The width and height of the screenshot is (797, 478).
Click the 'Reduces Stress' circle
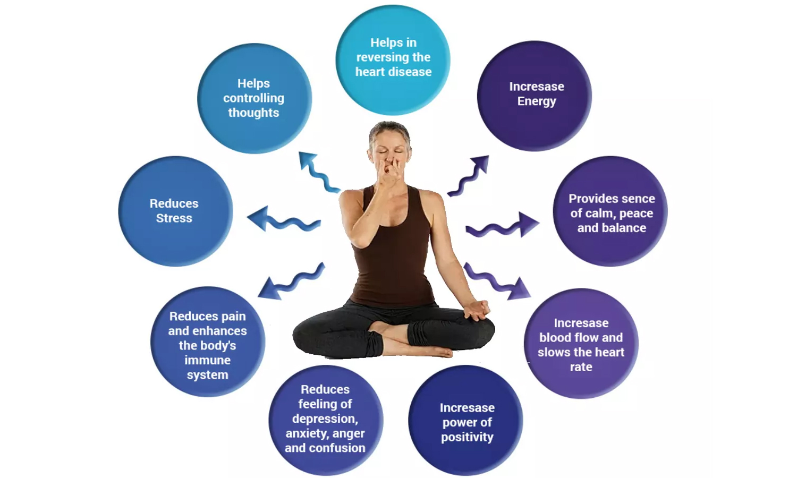click(175, 211)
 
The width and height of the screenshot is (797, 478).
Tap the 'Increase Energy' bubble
click(534, 96)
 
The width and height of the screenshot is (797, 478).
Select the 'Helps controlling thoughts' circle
click(254, 98)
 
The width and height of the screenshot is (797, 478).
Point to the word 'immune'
click(207, 360)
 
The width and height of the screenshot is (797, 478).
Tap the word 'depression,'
click(325, 419)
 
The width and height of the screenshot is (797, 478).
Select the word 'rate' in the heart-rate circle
click(581, 367)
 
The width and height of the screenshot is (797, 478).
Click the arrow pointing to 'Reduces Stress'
click(281, 220)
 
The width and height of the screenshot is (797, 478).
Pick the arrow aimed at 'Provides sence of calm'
click(502, 225)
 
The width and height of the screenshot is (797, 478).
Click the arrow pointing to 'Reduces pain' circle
click(290, 281)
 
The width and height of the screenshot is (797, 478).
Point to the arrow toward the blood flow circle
click(497, 281)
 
